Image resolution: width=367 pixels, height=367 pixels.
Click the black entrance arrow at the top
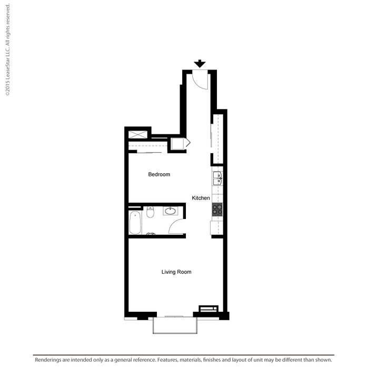click(200, 64)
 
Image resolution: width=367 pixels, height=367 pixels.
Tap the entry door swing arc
click(196, 84)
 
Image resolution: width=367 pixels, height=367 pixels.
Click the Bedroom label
click(159, 174)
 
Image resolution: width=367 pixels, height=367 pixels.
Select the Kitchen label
click(201, 198)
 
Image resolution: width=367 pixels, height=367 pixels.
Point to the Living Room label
click(176, 272)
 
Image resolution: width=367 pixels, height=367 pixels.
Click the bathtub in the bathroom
click(135, 223)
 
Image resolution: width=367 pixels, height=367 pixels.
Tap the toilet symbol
click(150, 212)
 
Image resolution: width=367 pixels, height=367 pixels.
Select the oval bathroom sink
click(170, 211)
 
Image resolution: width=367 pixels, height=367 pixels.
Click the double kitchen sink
click(217, 178)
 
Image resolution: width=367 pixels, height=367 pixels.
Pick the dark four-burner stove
click(217, 210)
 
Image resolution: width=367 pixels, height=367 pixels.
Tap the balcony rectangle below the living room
click(175, 325)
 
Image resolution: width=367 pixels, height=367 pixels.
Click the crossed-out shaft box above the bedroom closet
click(138, 135)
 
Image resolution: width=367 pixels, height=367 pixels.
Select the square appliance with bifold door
click(177, 144)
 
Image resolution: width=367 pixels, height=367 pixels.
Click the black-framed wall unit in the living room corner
click(209, 309)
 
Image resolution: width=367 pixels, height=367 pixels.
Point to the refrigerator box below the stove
click(214, 228)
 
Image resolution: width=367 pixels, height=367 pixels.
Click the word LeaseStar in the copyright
click(7, 63)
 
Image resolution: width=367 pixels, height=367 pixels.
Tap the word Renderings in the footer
click(48, 360)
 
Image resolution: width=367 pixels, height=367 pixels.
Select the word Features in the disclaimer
click(167, 360)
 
